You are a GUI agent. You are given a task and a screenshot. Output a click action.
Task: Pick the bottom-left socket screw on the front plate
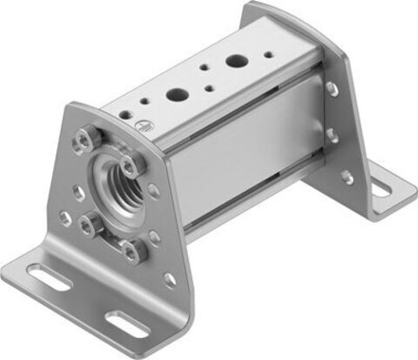[x=88, y=224]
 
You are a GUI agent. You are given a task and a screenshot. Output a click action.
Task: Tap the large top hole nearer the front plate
[x=177, y=95]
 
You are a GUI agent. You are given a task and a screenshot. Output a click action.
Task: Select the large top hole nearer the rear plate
[x=235, y=64]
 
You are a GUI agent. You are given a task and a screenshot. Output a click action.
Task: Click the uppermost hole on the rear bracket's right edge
[x=332, y=88]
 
